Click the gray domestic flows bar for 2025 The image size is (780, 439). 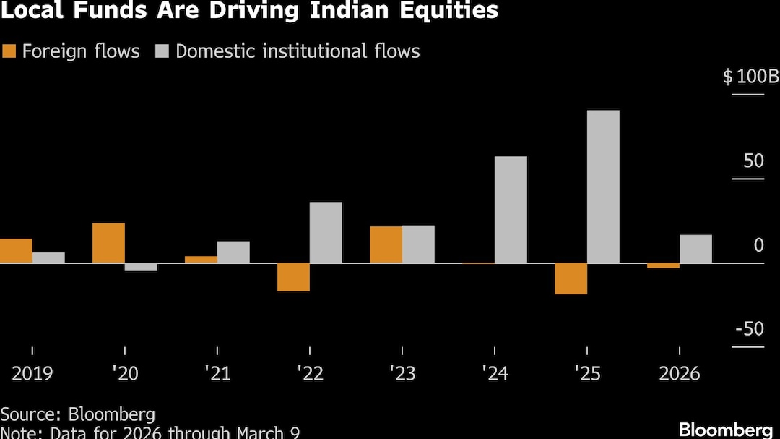(603, 187)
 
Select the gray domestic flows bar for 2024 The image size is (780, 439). (511, 210)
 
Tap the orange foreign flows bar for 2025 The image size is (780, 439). (571, 278)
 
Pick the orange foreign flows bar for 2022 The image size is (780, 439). (293, 277)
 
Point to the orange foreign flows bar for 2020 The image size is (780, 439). (108, 243)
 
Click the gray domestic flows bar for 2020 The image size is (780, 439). (141, 267)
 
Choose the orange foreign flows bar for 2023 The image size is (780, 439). (386, 244)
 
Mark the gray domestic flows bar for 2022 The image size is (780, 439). (326, 232)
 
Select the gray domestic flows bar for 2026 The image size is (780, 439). (695, 249)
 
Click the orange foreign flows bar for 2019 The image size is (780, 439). (16, 251)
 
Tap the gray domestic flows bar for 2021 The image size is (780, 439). (233, 252)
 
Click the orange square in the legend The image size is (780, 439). (9, 51)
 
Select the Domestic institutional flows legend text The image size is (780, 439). (298, 51)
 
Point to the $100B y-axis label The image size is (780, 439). (750, 76)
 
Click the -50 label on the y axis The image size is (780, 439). (749, 329)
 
